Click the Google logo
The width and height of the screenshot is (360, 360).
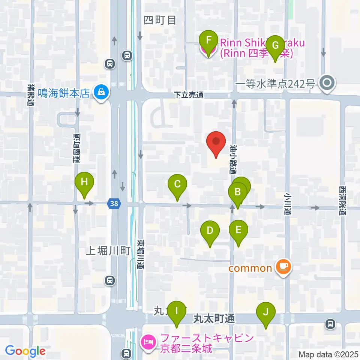coord(25,351)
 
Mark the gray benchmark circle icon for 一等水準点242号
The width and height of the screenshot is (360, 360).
coord(327,82)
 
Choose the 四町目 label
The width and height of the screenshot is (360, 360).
coord(160,20)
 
